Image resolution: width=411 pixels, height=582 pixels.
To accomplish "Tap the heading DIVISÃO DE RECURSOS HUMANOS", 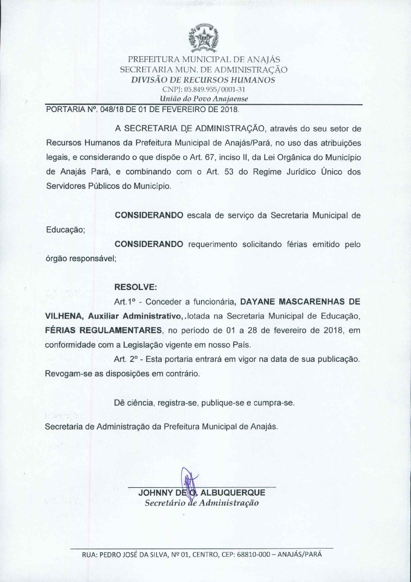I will (x=203, y=80).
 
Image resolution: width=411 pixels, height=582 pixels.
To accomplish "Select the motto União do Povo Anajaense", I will (x=204, y=99).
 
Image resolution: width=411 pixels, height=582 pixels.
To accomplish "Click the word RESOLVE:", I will (x=135, y=287).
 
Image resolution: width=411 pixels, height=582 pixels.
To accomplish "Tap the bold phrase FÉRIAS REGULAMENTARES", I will (x=103, y=330).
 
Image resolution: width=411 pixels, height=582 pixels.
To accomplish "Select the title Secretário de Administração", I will (x=201, y=503).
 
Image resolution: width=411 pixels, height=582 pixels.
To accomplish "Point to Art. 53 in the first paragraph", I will (x=221, y=172).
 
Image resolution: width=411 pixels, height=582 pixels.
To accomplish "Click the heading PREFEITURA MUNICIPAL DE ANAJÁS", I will (x=204, y=60).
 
